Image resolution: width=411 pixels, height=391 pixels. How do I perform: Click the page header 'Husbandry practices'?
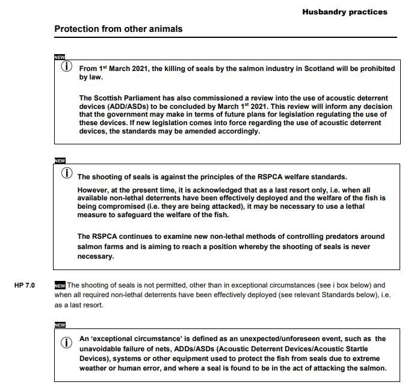tap(344, 11)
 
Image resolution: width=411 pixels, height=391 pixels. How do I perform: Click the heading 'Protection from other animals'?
tap(118, 29)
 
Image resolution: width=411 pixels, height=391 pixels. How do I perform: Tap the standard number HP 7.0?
tap(25, 285)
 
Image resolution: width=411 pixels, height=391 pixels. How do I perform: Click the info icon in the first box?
tap(67, 66)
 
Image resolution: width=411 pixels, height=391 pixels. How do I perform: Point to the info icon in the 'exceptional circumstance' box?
tap(67, 343)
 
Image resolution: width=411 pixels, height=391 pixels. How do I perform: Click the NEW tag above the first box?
tap(60, 57)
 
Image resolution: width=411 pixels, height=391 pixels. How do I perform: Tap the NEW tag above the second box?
tap(60, 161)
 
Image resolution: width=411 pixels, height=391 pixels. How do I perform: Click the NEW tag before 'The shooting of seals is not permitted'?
tap(60, 285)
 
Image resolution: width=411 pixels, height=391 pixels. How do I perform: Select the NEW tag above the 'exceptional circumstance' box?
tap(60, 325)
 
